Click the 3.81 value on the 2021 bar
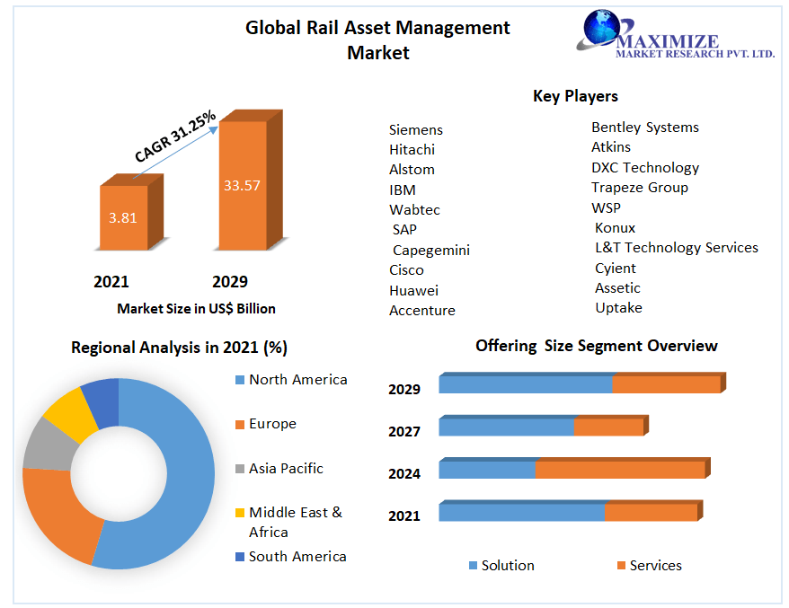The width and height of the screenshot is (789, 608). point(122,217)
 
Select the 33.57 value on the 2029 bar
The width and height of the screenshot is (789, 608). point(242,186)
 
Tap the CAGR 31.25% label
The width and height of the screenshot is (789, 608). point(175,137)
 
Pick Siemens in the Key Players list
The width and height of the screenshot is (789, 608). point(416,129)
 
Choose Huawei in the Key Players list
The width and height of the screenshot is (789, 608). point(413,290)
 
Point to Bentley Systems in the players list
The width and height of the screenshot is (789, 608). point(644,128)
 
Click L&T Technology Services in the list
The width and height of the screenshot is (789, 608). point(676,248)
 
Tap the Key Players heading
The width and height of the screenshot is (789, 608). point(575,96)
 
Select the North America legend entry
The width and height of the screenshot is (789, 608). point(297,380)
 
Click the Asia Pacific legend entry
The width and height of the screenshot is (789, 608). point(285,469)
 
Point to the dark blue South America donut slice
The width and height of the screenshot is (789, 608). point(101,400)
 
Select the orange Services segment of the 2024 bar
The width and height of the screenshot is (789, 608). point(620,470)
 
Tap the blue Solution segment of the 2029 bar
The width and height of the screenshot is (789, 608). point(526,384)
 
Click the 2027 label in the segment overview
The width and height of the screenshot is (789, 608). point(404,432)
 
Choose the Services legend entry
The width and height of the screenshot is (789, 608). point(655,566)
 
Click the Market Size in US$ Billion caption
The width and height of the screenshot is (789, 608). point(196,309)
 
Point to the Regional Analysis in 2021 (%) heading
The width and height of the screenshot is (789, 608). point(179,348)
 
